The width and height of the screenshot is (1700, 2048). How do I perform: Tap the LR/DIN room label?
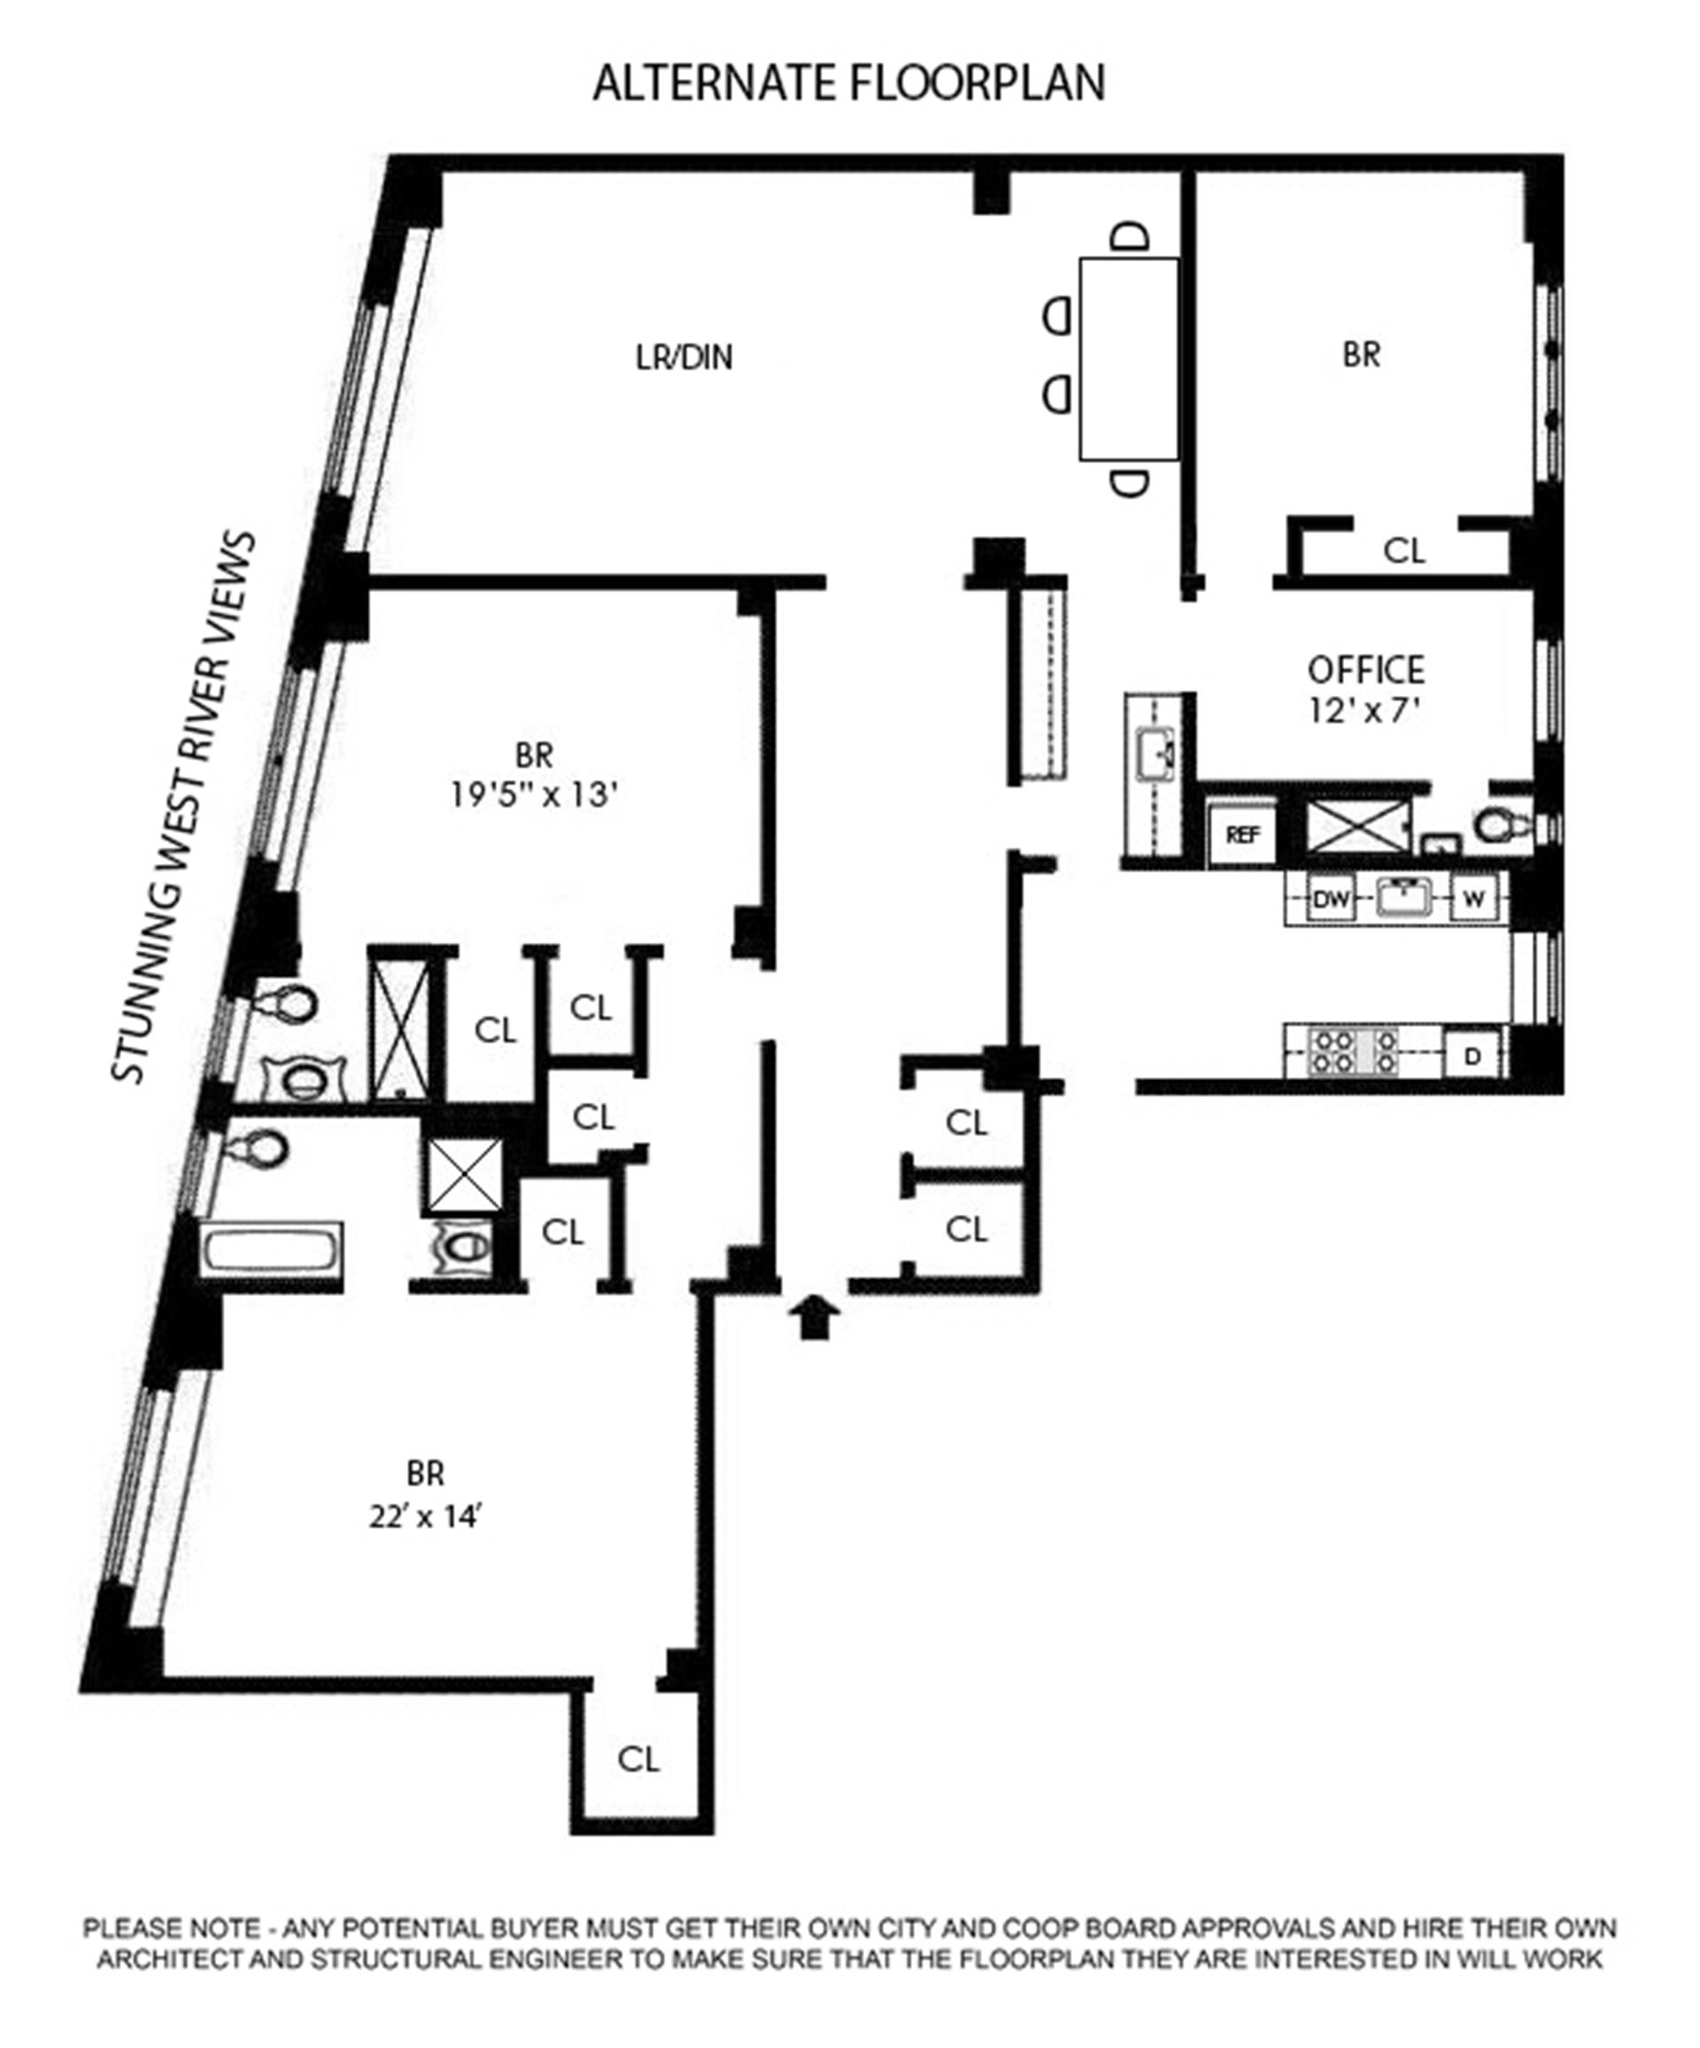pyautogui.click(x=684, y=358)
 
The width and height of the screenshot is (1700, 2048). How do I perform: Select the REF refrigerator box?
pyautogui.click(x=1241, y=835)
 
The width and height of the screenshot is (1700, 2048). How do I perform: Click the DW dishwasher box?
pyautogui.click(x=1331, y=898)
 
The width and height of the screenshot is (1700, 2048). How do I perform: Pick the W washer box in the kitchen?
pyautogui.click(x=1473, y=898)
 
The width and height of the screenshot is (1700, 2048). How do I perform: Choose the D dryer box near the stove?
pyautogui.click(x=1472, y=1055)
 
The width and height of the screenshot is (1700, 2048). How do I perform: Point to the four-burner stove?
pyautogui.click(x=1354, y=1052)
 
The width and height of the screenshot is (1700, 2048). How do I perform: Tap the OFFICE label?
pyautogui.click(x=1365, y=670)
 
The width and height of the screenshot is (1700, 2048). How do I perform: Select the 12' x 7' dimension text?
pyautogui.click(x=1364, y=712)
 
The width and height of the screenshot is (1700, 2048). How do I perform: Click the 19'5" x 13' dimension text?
pyautogui.click(x=535, y=796)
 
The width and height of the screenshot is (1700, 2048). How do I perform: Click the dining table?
pyautogui.click(x=1128, y=358)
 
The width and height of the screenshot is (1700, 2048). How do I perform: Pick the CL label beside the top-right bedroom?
pyautogui.click(x=1403, y=552)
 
